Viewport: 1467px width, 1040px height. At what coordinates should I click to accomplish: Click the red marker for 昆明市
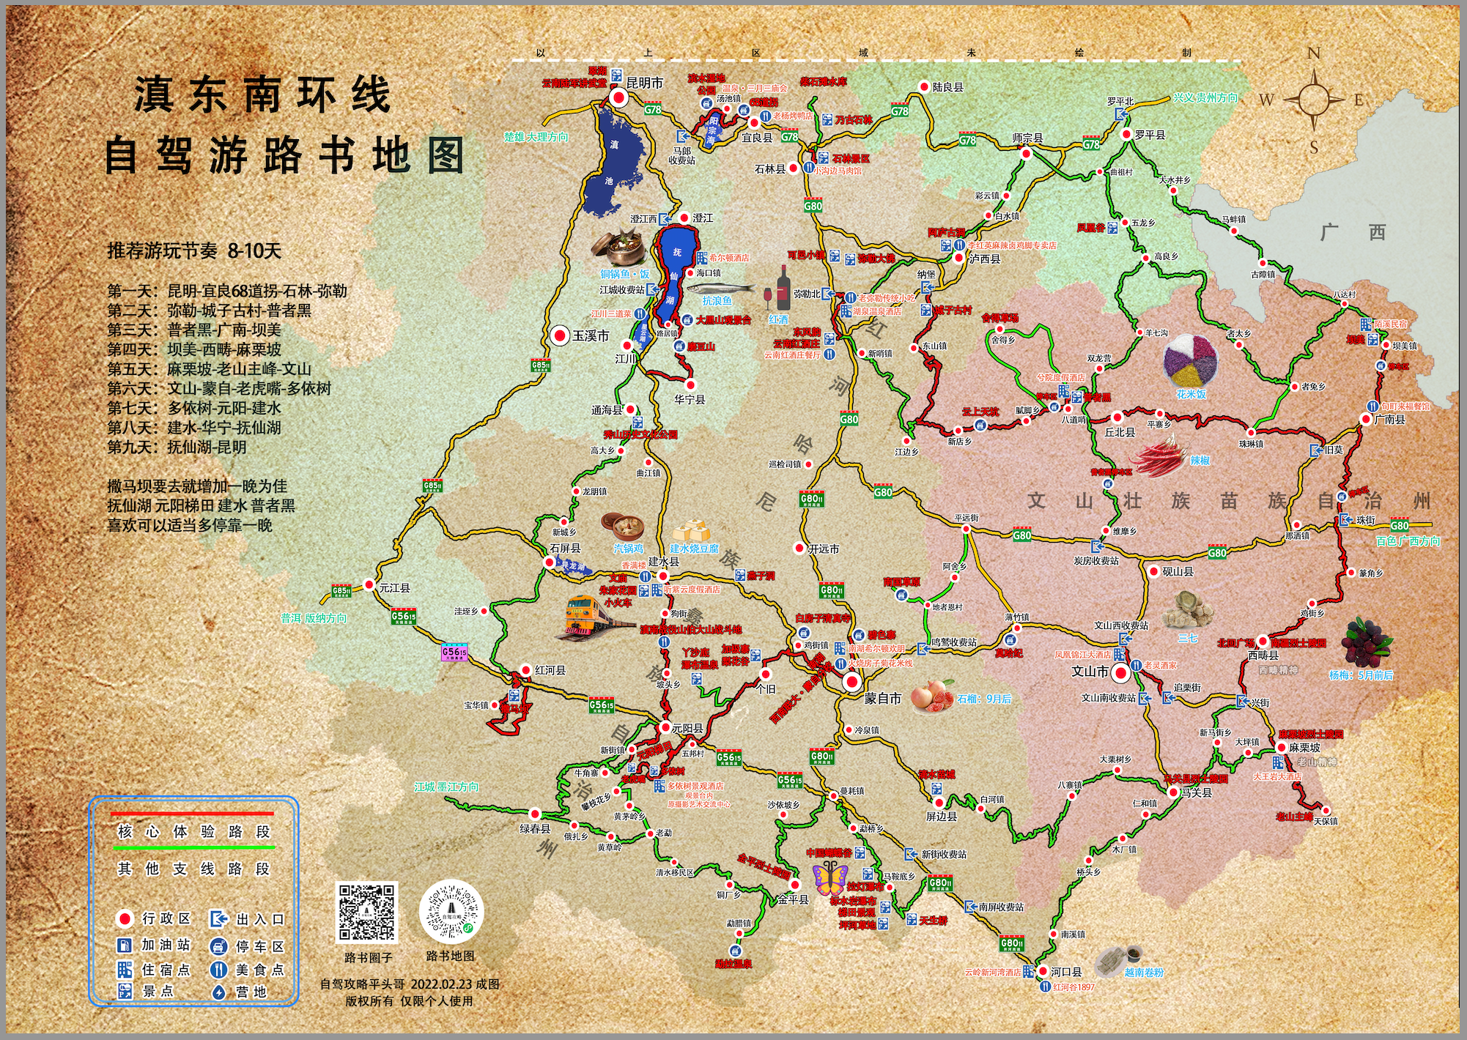click(619, 98)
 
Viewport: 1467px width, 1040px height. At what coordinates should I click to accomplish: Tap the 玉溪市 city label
click(591, 335)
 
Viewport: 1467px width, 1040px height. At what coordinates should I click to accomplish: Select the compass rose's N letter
click(1314, 53)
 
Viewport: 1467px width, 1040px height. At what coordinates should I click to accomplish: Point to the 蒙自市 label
click(882, 698)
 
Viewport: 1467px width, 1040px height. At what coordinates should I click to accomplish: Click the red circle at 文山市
click(1120, 672)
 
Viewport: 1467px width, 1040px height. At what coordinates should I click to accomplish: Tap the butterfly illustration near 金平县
click(830, 877)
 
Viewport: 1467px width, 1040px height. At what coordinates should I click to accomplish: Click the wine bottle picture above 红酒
click(783, 287)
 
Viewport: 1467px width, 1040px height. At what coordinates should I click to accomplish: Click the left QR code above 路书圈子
click(366, 913)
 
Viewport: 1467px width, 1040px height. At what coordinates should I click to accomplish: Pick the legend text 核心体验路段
click(194, 831)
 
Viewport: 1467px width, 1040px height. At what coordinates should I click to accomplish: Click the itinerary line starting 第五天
click(210, 369)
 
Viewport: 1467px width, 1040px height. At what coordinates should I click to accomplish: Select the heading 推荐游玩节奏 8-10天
click(194, 251)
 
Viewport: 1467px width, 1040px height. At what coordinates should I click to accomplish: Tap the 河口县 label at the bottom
click(1066, 972)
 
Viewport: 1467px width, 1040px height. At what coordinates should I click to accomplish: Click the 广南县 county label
click(1389, 420)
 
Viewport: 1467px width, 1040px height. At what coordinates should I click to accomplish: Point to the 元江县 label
click(394, 587)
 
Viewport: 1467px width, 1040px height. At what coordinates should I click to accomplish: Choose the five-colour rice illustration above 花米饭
click(1191, 360)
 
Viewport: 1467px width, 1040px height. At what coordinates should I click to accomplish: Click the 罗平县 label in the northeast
click(1150, 135)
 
